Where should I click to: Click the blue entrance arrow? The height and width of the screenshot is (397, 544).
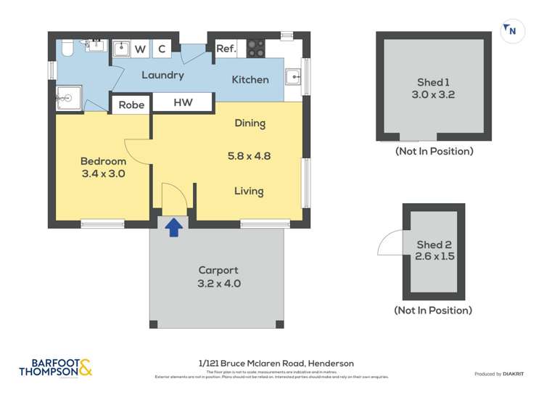174,228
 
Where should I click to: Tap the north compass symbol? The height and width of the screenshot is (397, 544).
511,30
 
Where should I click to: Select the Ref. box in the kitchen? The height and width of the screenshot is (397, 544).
226,49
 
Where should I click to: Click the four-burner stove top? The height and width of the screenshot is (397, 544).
256,48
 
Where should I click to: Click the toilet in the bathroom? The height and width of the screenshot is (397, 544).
67,47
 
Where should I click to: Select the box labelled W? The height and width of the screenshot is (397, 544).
141,49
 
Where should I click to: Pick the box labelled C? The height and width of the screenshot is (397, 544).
162,49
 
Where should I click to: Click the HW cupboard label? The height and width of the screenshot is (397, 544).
183,104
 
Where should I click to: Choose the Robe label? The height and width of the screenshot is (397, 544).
131,105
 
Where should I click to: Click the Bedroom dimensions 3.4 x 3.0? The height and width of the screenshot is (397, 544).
103,173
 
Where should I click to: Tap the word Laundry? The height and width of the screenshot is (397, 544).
162,75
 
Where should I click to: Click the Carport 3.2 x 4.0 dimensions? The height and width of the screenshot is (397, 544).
219,284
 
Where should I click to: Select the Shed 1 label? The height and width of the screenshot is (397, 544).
434,82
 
